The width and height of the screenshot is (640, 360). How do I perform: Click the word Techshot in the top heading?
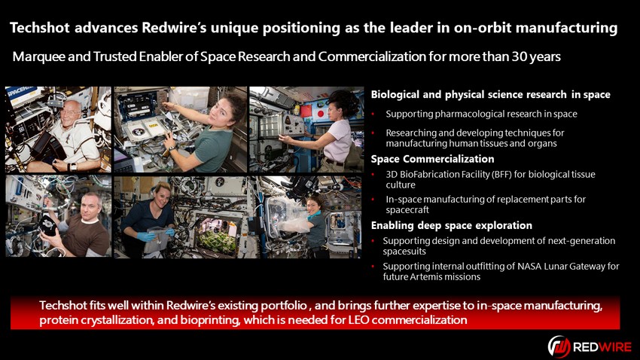point(40,28)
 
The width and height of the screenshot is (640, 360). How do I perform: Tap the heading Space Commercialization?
point(432,159)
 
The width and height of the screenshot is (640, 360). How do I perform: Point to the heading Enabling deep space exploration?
point(452,225)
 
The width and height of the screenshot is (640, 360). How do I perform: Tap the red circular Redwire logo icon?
point(559,346)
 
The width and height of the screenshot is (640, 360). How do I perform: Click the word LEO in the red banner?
point(358,319)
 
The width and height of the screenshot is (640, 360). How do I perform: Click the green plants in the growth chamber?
point(217,241)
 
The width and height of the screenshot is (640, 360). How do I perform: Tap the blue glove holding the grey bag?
point(146,236)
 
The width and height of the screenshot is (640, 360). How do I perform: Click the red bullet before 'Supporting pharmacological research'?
point(373,114)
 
